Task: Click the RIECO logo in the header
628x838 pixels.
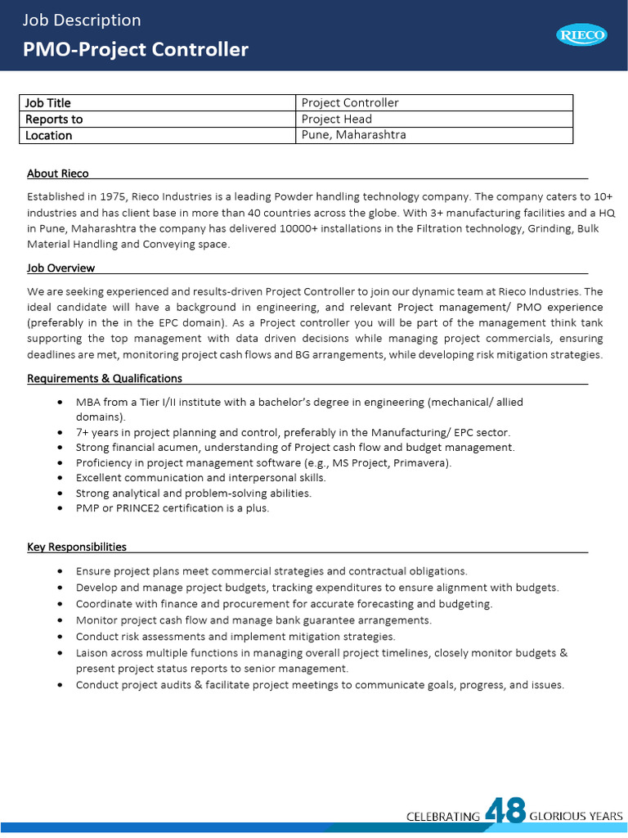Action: pos(581,34)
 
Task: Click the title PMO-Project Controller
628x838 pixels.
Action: pos(136,49)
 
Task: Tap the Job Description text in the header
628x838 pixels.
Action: pos(82,20)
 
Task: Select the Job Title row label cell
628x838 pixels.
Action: pos(48,103)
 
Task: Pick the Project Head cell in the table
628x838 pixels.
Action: pos(337,119)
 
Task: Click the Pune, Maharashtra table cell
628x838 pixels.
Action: pos(354,135)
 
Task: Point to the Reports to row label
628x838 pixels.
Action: pos(54,119)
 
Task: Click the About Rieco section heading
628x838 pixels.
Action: pos(58,173)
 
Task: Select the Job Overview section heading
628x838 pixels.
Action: pos(61,268)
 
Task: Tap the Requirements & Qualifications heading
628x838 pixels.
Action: pos(105,378)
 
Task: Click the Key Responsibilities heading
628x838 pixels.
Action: pos(77,547)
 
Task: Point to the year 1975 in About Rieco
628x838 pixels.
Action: pos(112,197)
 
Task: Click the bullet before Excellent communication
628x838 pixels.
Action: pos(62,478)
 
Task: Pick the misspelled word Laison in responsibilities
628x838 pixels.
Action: pos(92,653)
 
